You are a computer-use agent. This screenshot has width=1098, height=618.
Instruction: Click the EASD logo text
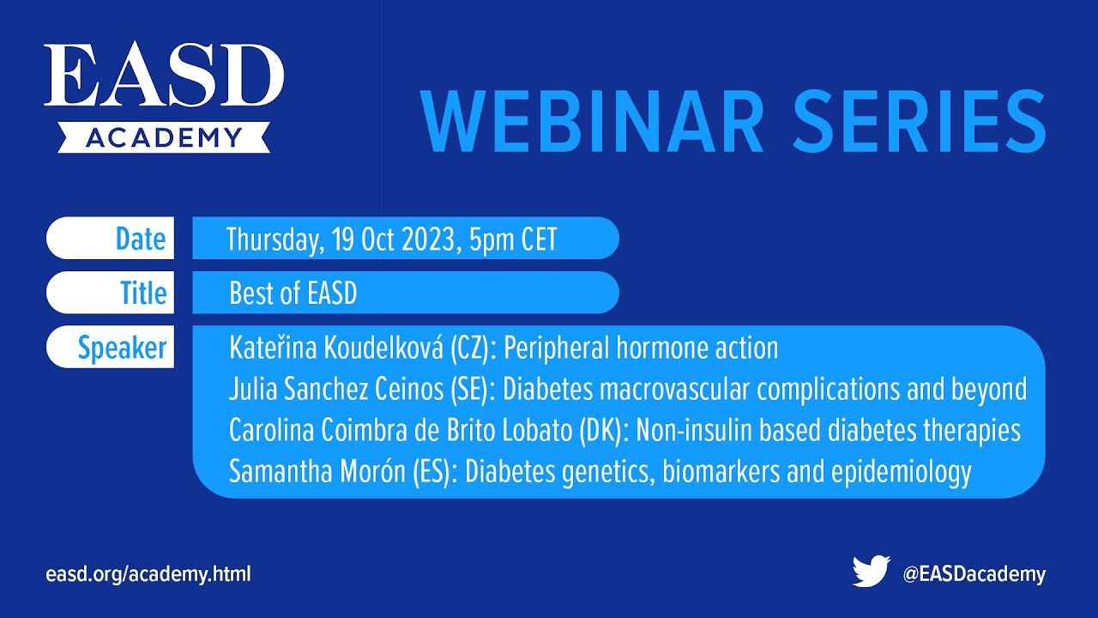(164, 77)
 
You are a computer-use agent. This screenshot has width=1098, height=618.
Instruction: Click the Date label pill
(111, 239)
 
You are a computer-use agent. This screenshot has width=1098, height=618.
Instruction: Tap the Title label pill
(111, 293)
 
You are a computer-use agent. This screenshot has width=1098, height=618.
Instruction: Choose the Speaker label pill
(111, 348)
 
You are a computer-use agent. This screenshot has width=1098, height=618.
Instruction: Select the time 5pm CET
(513, 240)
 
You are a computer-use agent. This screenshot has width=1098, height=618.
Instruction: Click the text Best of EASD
(293, 294)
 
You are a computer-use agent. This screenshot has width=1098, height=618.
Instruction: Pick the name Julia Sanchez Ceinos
(336, 390)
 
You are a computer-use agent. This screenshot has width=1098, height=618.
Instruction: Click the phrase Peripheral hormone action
(641, 348)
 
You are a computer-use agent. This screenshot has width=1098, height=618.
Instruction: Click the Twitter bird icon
(871, 573)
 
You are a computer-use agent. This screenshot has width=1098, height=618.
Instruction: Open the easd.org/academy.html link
(148, 574)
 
